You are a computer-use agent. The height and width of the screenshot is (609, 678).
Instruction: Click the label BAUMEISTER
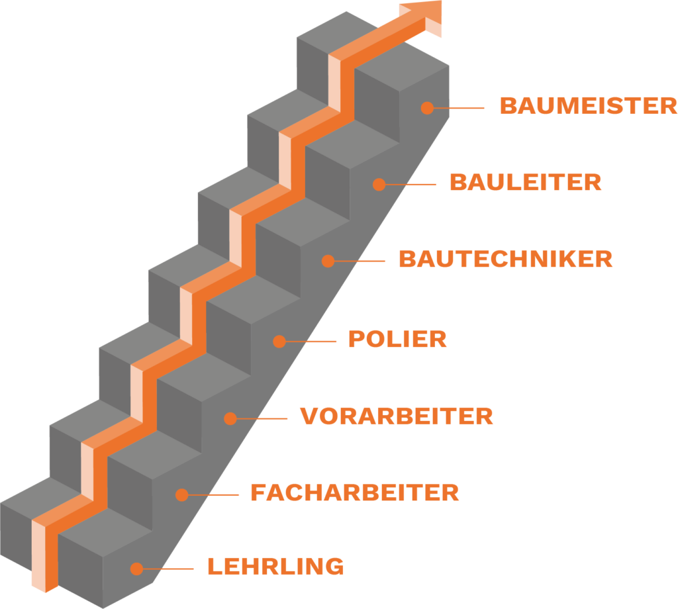coord(588,106)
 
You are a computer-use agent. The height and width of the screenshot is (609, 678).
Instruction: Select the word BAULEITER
coord(525,182)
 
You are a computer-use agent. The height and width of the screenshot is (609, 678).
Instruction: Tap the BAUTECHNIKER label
coord(505,259)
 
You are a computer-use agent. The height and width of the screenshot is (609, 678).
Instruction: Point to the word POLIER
coord(397,340)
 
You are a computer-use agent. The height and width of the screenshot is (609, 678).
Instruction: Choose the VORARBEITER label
coord(397,416)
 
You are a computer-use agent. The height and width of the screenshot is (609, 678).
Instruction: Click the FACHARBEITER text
coord(354,493)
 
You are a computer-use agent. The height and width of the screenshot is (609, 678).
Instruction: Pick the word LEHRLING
coord(275,567)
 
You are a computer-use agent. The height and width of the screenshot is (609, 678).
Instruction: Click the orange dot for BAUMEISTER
coord(427,107)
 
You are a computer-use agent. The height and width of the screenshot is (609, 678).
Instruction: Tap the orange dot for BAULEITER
coord(379,185)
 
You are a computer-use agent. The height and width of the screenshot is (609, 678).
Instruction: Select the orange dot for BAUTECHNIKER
coord(328,261)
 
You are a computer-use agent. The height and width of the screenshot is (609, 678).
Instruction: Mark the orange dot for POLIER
coord(279,342)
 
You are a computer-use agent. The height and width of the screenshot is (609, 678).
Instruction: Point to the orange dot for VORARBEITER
coord(230,418)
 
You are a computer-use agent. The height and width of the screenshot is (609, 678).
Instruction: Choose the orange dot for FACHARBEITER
coord(181,494)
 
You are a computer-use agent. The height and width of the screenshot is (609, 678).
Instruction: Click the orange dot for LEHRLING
coord(136,569)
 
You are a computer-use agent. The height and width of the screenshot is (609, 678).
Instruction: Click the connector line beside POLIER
coord(311,342)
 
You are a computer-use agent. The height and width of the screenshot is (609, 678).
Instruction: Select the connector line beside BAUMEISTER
coord(460,107)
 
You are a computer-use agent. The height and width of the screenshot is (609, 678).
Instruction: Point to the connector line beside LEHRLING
coord(169,569)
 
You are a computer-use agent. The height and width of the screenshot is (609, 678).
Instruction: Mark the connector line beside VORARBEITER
coord(262,418)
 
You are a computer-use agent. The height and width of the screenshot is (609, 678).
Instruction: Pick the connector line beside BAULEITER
coord(411,185)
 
